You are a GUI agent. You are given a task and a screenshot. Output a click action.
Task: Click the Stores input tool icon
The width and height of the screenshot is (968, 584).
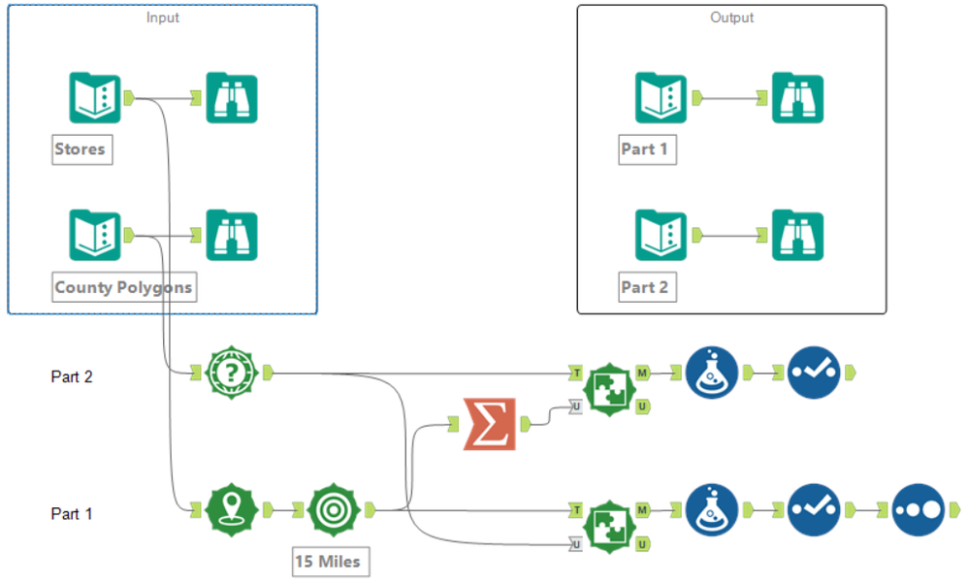(x=95, y=98)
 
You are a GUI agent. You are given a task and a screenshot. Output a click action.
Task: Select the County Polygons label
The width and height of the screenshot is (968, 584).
(x=123, y=287)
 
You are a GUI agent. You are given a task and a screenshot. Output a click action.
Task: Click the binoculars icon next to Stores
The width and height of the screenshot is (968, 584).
(x=232, y=98)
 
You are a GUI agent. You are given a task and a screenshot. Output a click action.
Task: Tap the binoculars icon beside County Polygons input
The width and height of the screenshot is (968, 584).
(x=232, y=236)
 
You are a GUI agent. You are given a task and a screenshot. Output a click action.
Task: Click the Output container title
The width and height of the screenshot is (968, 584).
(x=731, y=17)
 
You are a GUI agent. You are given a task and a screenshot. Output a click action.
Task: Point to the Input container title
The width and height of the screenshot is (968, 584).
(x=162, y=17)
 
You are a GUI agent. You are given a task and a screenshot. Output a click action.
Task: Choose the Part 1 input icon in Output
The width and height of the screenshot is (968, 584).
(x=661, y=98)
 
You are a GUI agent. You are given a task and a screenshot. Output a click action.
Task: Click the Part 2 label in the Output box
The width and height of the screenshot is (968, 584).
(x=644, y=287)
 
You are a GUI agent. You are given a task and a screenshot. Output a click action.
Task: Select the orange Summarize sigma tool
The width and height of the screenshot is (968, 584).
(x=489, y=424)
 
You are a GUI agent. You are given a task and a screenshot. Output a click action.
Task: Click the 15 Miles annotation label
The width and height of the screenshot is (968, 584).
(x=332, y=561)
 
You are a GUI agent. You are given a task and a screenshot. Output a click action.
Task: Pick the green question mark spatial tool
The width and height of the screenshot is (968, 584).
(x=232, y=372)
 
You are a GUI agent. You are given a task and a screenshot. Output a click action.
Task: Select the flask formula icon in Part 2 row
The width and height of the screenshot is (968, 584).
(x=712, y=372)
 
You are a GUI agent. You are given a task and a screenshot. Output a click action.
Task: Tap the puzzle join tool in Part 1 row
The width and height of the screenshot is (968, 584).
(x=608, y=524)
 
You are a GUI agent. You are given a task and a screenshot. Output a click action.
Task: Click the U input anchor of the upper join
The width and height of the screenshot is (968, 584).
(x=576, y=407)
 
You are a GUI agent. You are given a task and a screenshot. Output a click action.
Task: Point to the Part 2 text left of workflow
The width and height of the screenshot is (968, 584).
(x=71, y=376)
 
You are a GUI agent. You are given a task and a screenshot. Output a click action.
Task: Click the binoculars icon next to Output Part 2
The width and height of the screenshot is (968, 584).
(x=797, y=236)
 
